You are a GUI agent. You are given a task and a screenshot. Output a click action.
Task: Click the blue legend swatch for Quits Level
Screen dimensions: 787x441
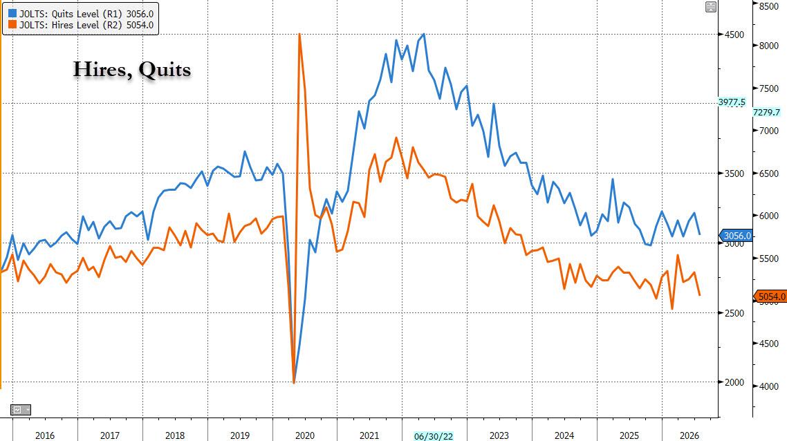(x=12, y=13)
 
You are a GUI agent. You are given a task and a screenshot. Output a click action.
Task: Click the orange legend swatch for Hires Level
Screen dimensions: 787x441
(x=12, y=25)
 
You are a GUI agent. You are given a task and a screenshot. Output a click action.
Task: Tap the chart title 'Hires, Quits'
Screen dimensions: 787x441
(x=132, y=69)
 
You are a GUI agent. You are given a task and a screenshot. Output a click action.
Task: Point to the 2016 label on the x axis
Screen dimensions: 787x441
(x=45, y=435)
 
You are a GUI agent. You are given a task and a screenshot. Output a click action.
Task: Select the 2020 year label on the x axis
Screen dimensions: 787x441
(x=305, y=435)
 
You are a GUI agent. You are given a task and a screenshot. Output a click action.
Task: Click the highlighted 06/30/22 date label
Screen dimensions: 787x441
(x=434, y=436)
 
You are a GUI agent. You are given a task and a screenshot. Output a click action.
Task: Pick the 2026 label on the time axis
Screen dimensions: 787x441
(x=689, y=435)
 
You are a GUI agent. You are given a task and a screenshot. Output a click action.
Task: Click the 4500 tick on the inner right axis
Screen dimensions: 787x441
(x=734, y=35)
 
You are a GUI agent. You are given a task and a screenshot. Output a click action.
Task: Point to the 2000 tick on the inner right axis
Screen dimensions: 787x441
(x=734, y=382)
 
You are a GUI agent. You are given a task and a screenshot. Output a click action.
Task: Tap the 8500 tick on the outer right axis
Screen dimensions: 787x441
(x=769, y=6)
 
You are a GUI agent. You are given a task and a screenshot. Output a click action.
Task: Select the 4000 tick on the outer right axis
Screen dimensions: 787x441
(x=769, y=386)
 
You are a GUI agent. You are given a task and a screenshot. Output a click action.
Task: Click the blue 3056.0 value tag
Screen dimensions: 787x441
(x=737, y=236)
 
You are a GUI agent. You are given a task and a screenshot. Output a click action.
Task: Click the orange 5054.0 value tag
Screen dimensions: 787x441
(x=770, y=297)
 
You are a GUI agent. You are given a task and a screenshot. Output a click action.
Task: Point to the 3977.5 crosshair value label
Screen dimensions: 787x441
(x=732, y=102)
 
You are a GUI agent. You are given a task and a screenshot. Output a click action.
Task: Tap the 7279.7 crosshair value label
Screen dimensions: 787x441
(x=766, y=113)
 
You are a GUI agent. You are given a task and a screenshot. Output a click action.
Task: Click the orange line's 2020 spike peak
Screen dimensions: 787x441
(x=299, y=34)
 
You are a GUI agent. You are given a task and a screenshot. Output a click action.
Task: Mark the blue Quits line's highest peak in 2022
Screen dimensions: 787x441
(x=424, y=34)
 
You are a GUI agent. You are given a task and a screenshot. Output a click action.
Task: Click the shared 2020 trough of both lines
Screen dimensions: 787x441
(x=294, y=383)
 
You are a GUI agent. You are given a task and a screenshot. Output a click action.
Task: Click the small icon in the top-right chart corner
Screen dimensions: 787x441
(x=711, y=7)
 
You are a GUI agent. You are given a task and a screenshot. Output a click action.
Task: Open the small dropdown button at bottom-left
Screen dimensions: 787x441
(x=21, y=410)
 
